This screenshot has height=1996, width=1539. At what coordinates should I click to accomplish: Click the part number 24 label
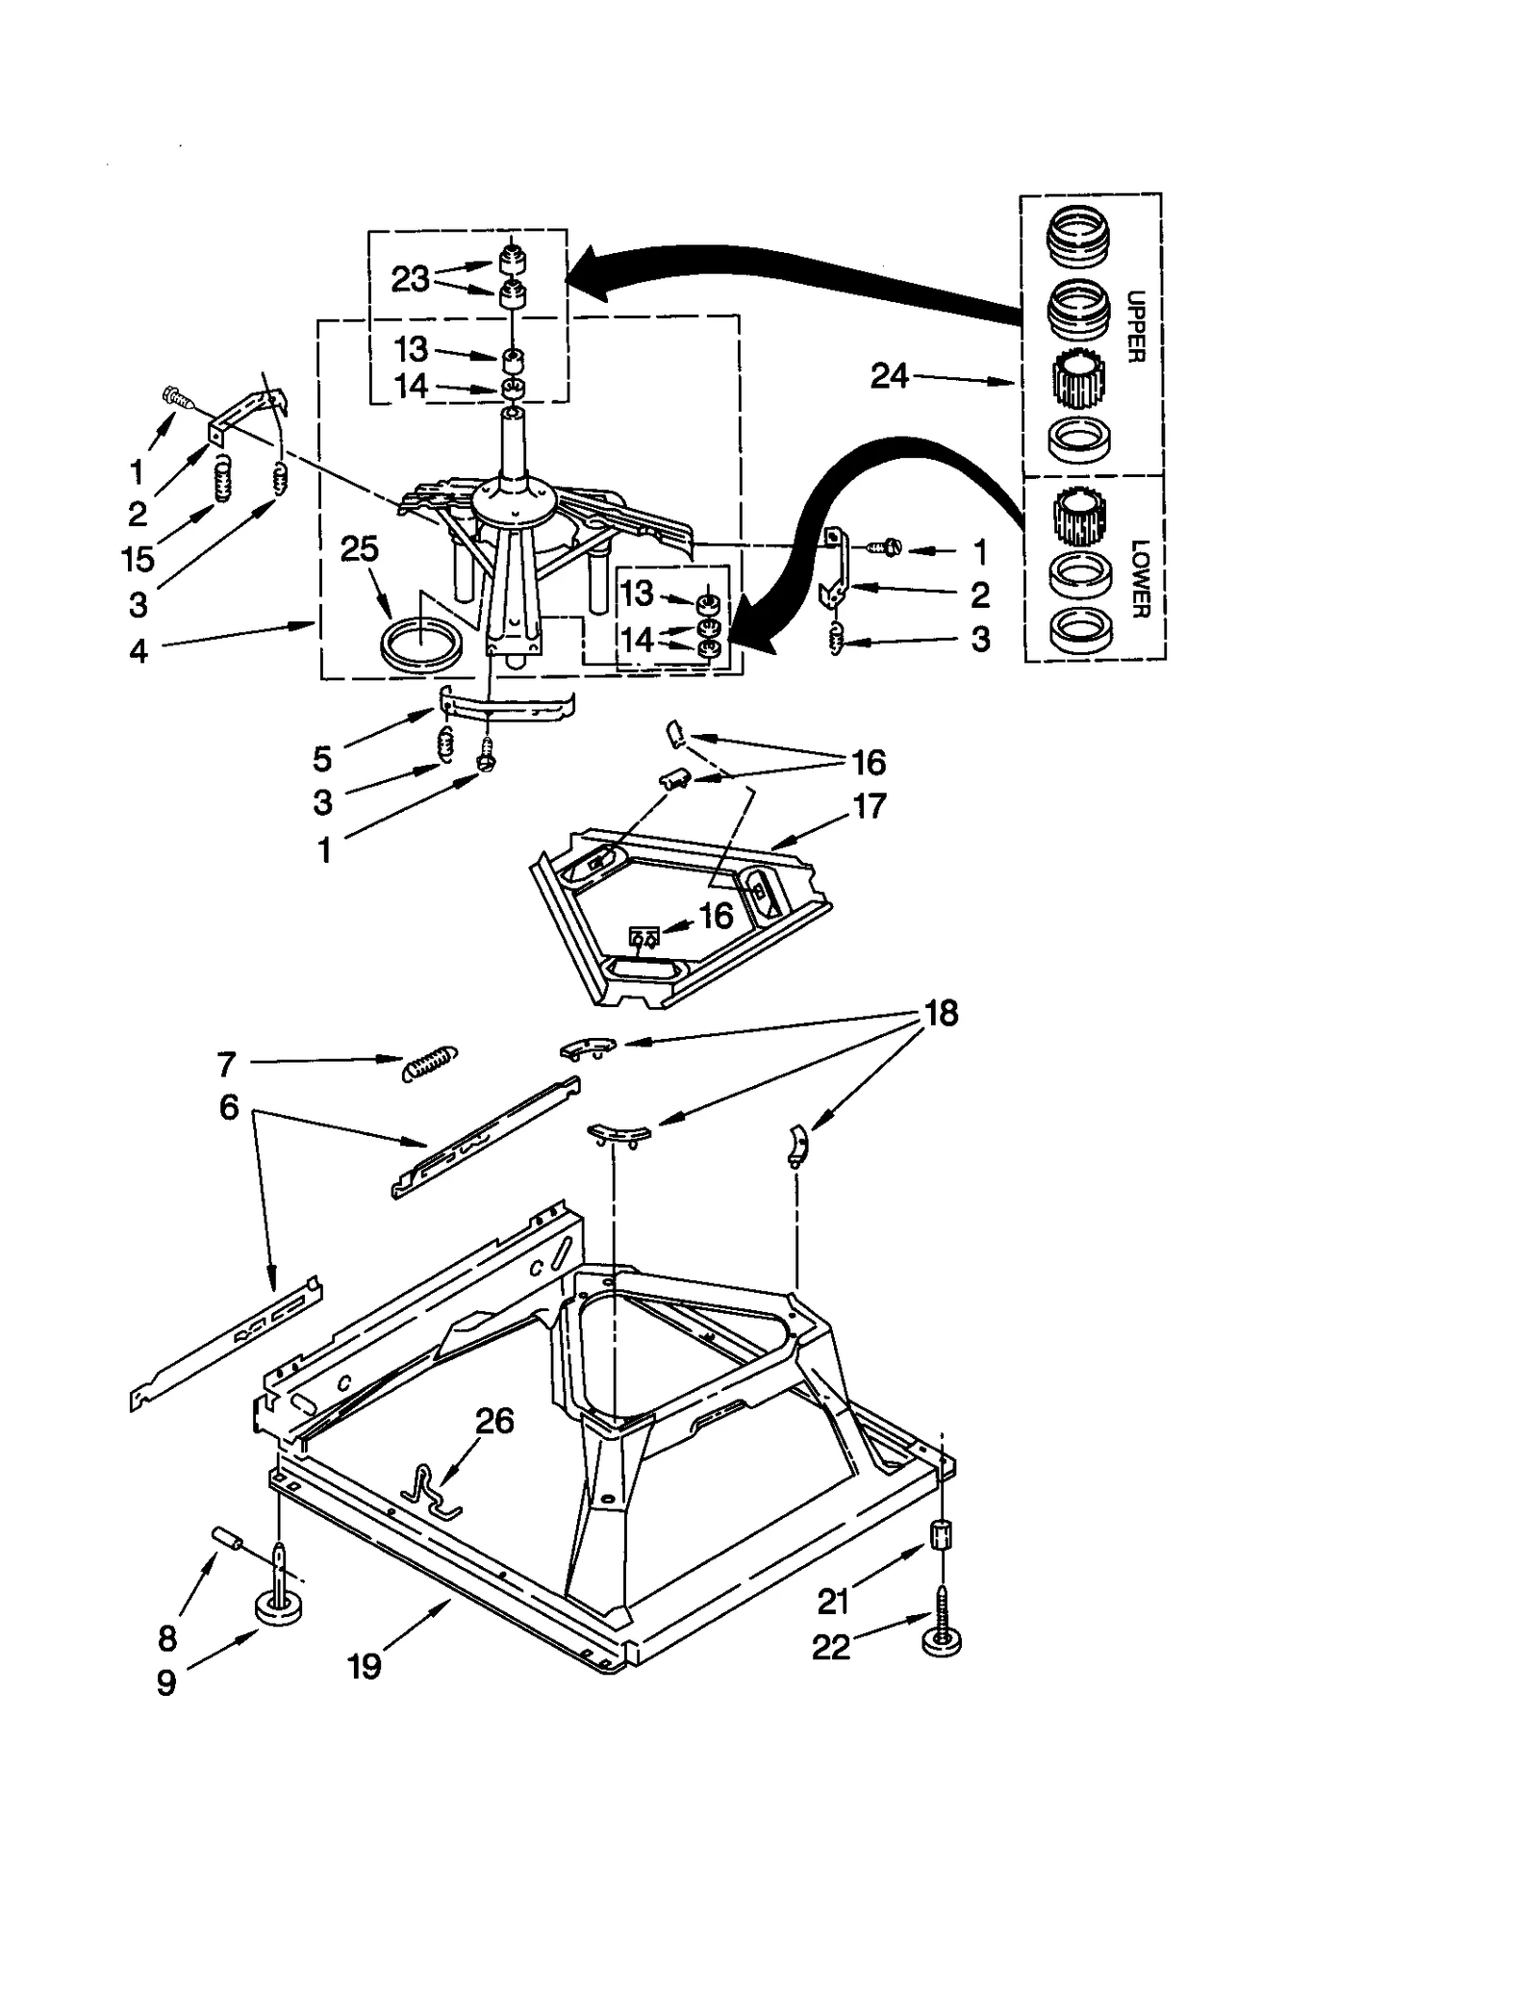tap(888, 375)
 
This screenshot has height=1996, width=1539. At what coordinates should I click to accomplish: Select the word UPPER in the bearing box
tap(1135, 326)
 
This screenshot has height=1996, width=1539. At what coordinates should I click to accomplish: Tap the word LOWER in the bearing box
tap(1139, 578)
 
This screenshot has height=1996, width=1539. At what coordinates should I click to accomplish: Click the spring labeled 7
tap(429, 1064)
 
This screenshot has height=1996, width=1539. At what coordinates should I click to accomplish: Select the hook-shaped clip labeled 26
tap(430, 1493)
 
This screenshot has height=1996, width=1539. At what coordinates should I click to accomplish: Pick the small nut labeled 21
tap(942, 1533)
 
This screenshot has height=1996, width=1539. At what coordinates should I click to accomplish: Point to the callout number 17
tap(869, 805)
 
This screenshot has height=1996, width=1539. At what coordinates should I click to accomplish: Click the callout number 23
tap(410, 279)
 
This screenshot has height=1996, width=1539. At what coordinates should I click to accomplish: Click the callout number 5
tap(322, 759)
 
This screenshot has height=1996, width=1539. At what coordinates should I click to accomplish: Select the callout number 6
tap(229, 1107)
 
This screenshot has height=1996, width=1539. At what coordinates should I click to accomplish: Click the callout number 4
tap(139, 651)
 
